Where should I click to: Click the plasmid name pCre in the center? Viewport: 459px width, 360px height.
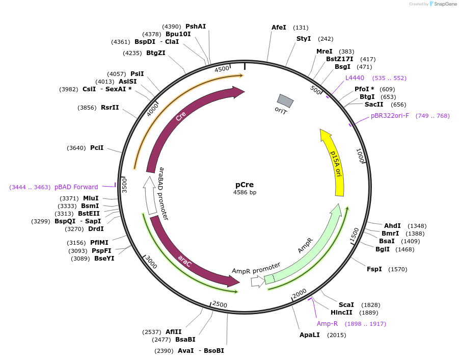click(x=245, y=185)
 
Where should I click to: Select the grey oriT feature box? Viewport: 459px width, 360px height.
click(x=285, y=101)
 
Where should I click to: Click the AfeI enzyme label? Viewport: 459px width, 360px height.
click(x=279, y=28)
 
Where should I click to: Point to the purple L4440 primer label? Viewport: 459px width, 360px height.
click(x=355, y=78)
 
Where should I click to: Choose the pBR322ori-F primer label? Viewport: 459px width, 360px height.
click(x=390, y=116)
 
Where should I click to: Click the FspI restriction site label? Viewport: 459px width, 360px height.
click(x=374, y=269)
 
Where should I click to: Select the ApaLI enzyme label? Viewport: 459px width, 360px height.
click(x=310, y=335)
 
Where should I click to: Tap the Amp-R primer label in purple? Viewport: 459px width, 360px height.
click(x=327, y=324)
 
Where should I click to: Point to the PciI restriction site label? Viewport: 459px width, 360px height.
click(x=97, y=148)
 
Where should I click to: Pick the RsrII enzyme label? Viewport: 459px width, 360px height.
click(x=110, y=108)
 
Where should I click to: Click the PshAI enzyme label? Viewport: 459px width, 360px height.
click(x=196, y=27)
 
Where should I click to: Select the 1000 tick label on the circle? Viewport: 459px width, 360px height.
click(x=360, y=156)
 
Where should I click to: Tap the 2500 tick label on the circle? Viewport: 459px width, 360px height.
click(x=220, y=304)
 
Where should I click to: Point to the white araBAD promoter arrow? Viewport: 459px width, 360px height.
click(x=150, y=195)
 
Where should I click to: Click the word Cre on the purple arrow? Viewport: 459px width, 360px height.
click(x=181, y=116)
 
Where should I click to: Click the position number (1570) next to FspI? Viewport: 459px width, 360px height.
click(x=397, y=269)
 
